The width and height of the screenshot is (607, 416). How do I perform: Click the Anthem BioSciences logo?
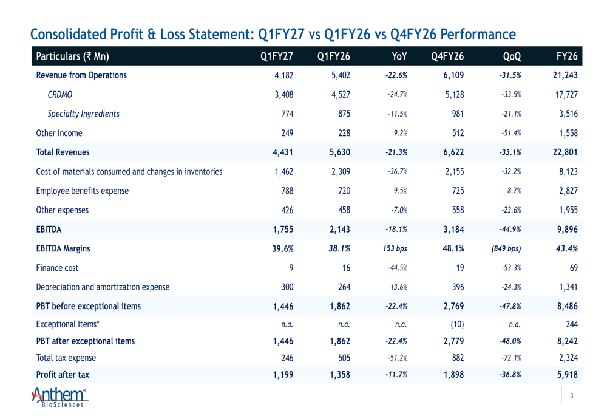pyautogui.click(x=59, y=397)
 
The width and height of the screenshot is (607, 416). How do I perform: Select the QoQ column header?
pyautogui.click(x=512, y=56)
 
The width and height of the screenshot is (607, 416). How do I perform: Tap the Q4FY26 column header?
pyautogui.click(x=447, y=56)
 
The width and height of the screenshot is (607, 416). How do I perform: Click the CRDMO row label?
pyautogui.click(x=60, y=95)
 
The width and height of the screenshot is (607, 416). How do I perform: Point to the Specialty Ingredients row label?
pyautogui.click(x=84, y=114)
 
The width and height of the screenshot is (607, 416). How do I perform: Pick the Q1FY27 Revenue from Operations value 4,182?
pyautogui.click(x=283, y=75)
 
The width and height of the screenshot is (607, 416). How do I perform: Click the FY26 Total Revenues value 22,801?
pyautogui.click(x=565, y=152)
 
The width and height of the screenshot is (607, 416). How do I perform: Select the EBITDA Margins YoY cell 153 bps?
pyautogui.click(x=395, y=248)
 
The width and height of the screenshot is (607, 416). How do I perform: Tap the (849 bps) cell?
pyautogui.click(x=506, y=248)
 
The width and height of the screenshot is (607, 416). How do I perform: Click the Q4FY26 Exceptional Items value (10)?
pyautogui.click(x=457, y=324)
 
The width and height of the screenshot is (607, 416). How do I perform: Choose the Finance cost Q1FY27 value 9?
pyautogui.click(x=291, y=268)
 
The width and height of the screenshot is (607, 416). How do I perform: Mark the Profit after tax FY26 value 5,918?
pyautogui.click(x=568, y=375)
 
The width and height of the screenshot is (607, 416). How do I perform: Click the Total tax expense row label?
pyautogui.click(x=66, y=358)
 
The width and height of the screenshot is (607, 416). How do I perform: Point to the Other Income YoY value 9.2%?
pyautogui.click(x=401, y=133)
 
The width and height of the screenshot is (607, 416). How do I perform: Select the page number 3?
pyautogui.click(x=572, y=395)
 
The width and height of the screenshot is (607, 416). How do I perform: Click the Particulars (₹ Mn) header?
pyautogui.click(x=72, y=56)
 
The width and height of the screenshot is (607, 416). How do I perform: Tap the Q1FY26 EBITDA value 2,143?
pyautogui.click(x=340, y=230)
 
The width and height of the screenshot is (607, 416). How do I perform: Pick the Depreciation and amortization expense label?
pyautogui.click(x=103, y=287)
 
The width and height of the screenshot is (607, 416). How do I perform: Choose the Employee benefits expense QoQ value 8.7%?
pyautogui.click(x=515, y=191)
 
